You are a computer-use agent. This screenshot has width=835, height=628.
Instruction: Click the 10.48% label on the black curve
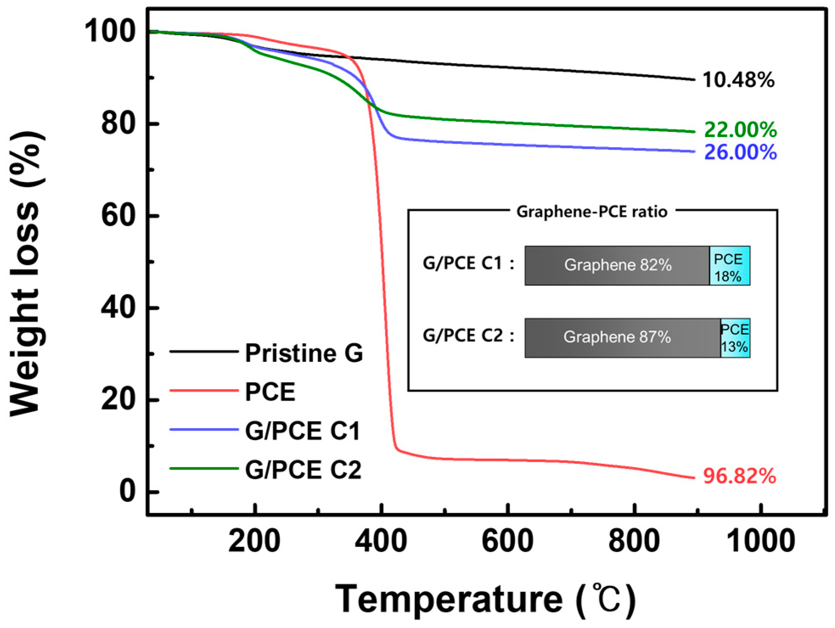tap(738, 80)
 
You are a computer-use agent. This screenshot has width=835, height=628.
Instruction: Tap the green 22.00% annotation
tap(740, 129)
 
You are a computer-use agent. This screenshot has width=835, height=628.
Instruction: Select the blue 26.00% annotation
tap(740, 152)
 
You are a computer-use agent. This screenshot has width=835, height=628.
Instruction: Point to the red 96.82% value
tap(739, 476)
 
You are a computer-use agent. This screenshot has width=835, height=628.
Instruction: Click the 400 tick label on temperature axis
tap(381, 541)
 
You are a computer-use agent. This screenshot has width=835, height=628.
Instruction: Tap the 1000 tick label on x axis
tap(761, 541)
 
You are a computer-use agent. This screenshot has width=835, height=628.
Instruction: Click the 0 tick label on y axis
tap(127, 491)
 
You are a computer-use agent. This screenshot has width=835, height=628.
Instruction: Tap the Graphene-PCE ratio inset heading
tap(591, 211)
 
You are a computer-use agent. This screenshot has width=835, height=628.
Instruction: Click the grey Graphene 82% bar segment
tap(617, 265)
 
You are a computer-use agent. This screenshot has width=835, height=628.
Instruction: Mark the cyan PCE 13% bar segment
tap(735, 338)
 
